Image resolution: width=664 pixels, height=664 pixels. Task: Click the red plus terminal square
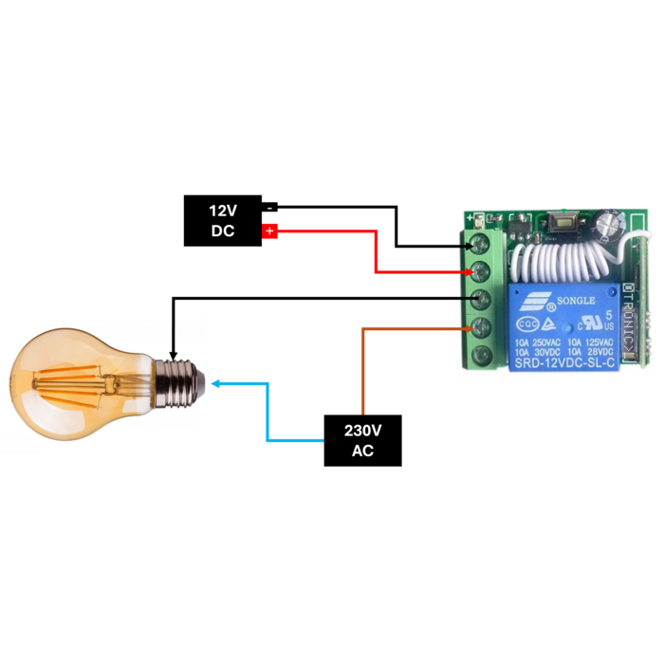pos(269,231)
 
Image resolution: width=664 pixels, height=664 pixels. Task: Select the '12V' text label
pos(223,210)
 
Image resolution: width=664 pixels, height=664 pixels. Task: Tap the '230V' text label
pos(362,431)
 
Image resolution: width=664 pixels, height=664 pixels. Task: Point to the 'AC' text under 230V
pos(362,452)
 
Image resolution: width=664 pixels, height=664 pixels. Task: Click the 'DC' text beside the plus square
pos(223,231)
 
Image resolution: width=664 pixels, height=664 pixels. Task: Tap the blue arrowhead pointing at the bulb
pos(216,383)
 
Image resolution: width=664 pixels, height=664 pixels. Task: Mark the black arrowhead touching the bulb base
pos(173,357)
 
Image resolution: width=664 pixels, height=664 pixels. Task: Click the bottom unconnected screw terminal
pos(481,357)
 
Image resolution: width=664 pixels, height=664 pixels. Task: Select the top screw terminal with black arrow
pos(481,246)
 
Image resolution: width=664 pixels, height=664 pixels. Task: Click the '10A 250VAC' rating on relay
pos(538,341)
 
